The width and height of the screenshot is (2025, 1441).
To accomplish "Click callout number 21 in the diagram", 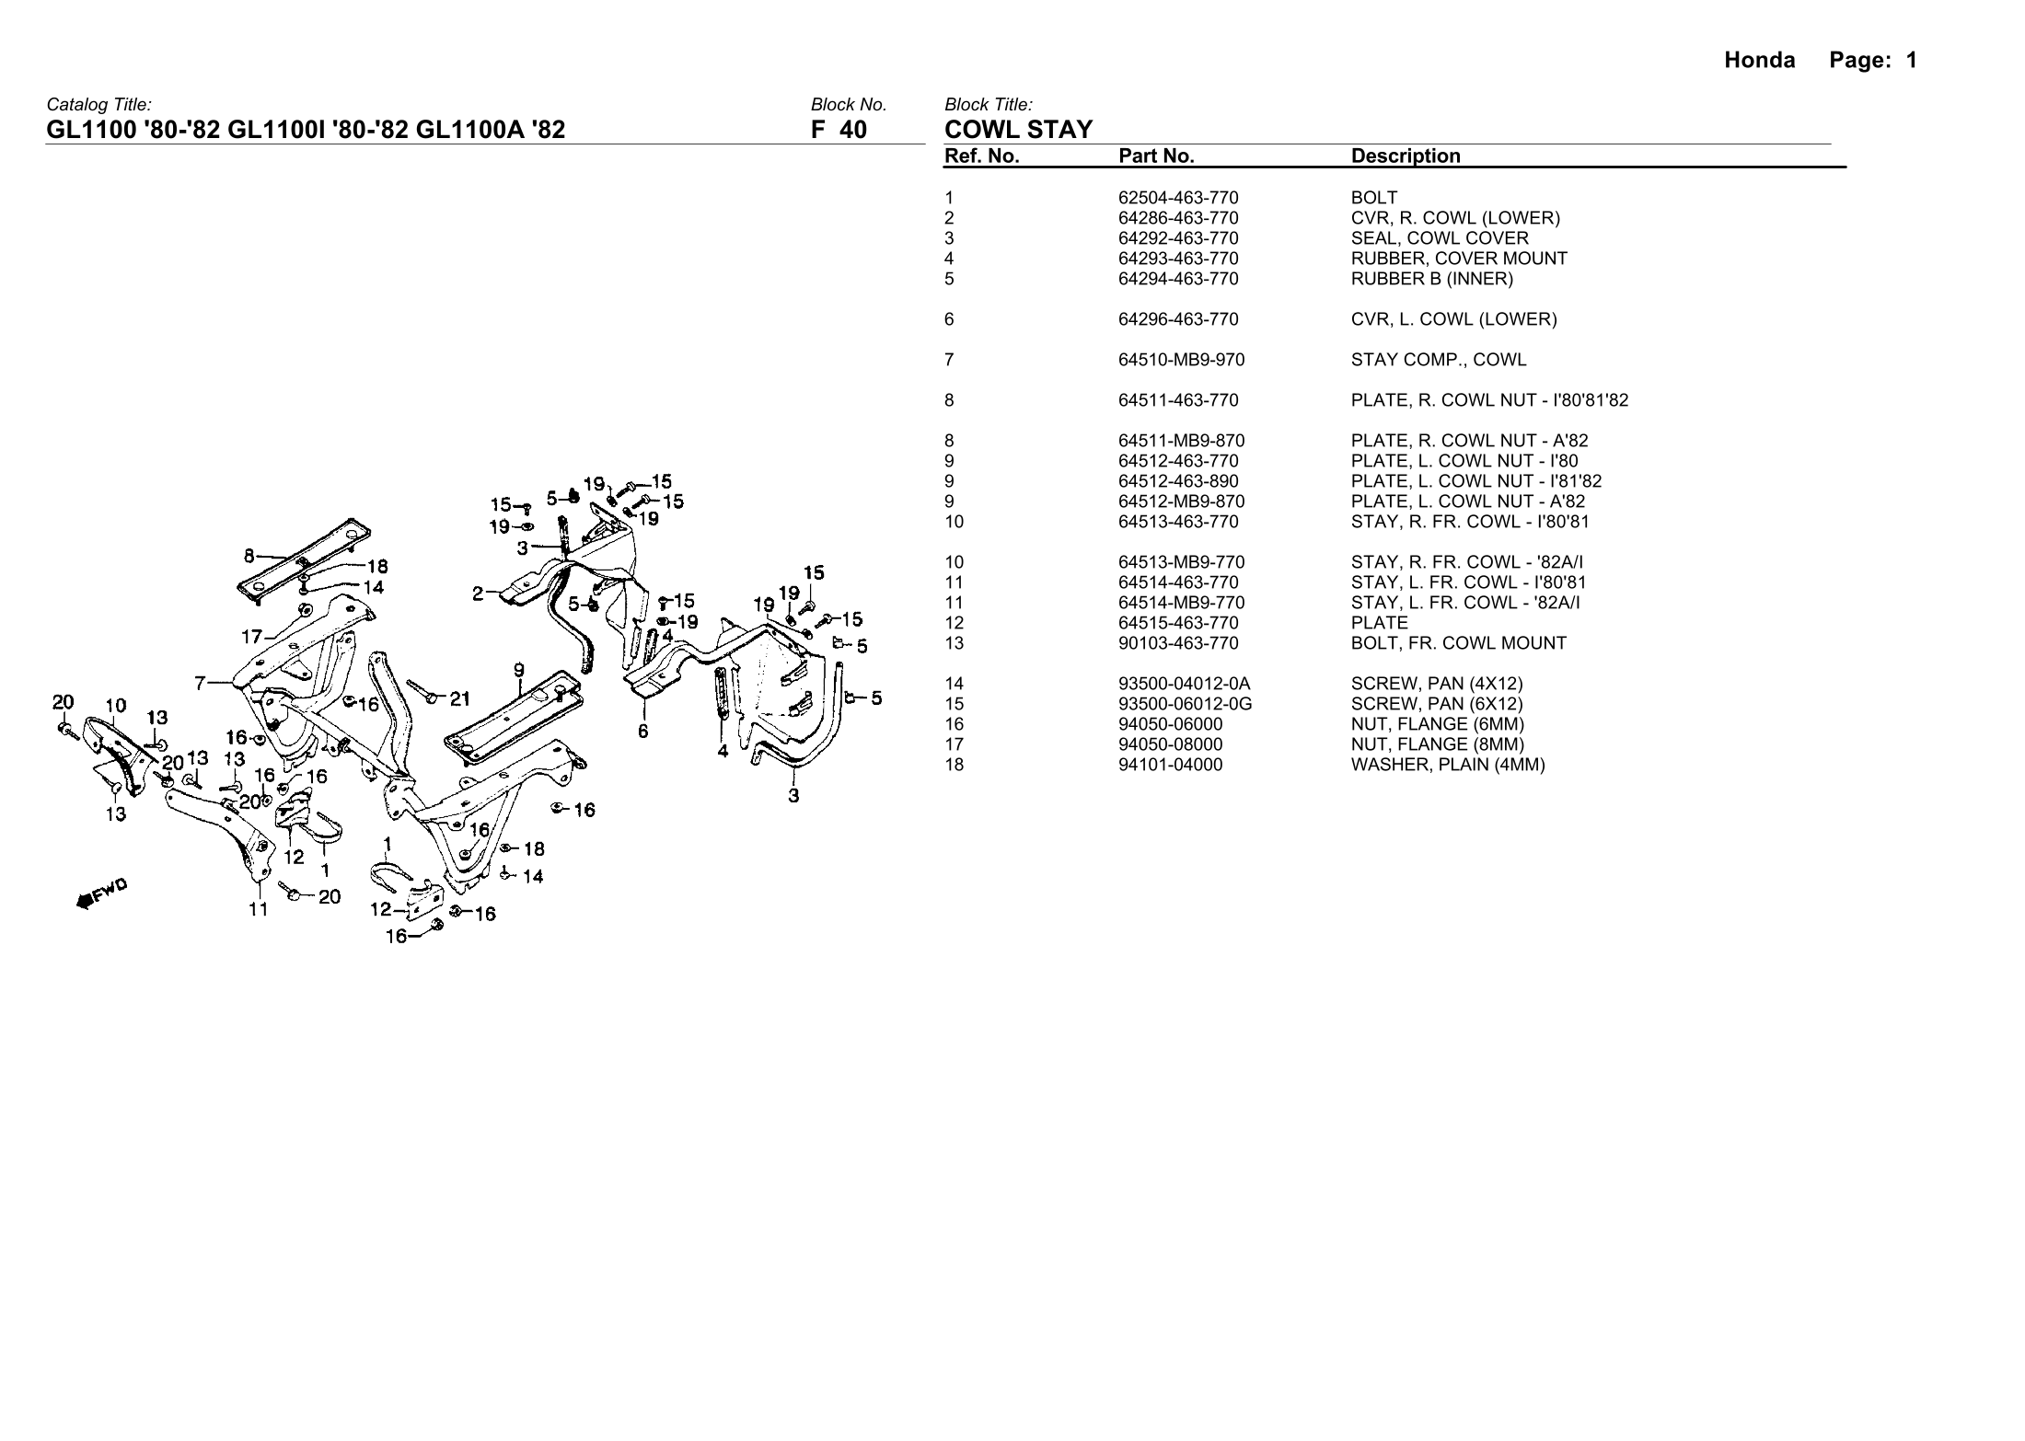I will [x=460, y=698].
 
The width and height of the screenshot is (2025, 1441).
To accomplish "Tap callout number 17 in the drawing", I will [x=251, y=636].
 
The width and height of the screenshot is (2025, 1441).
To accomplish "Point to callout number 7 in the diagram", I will [x=200, y=683].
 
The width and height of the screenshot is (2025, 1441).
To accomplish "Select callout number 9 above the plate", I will [x=519, y=669].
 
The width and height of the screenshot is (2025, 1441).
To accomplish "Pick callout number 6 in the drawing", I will [x=642, y=732].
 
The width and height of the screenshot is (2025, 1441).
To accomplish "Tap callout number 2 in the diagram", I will [x=478, y=594].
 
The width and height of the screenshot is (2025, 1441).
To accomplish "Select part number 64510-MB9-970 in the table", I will [x=1181, y=360].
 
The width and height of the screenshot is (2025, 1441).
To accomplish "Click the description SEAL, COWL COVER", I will [x=1439, y=238].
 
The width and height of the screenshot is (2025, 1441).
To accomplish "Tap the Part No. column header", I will [x=1156, y=156].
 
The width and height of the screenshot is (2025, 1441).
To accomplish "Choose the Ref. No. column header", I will [x=981, y=156].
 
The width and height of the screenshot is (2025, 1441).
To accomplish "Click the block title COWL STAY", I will [x=1018, y=130].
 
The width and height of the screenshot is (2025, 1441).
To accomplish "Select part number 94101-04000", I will [x=1170, y=765].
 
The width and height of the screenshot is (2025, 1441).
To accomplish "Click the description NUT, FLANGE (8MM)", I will [x=1437, y=744].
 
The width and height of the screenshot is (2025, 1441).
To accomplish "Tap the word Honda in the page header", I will [x=1759, y=61].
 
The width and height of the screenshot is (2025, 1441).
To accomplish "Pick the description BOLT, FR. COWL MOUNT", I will [x=1458, y=643].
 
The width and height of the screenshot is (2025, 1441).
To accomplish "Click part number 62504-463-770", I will [x=1178, y=198].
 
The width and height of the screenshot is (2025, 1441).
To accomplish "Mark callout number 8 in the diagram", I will [x=249, y=556].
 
